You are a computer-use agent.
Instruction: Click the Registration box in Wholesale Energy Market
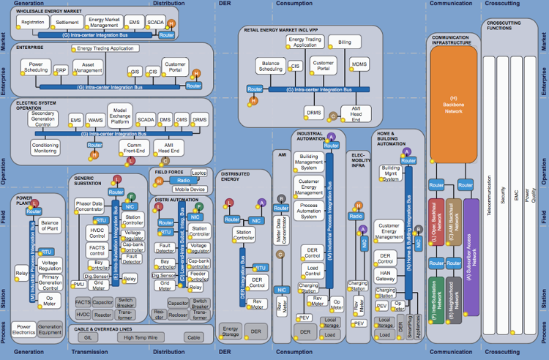click(x=34, y=23)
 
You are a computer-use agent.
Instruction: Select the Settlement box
click(x=68, y=23)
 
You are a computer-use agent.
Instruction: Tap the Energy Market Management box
click(x=103, y=23)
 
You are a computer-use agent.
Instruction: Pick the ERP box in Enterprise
click(x=62, y=71)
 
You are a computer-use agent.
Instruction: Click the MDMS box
click(x=359, y=64)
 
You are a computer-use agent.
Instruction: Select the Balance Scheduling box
click(x=272, y=67)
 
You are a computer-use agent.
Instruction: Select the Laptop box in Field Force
click(x=199, y=173)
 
